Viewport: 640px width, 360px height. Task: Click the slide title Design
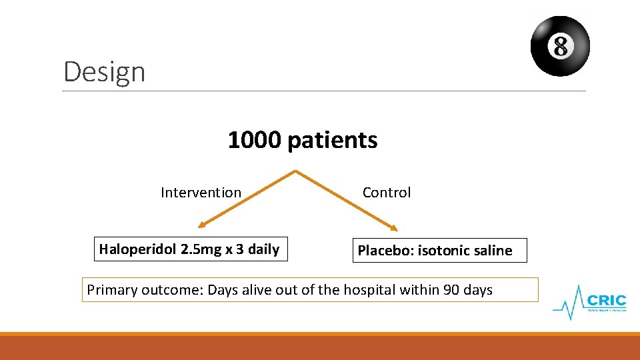click(104, 71)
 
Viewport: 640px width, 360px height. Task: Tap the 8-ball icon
click(560, 46)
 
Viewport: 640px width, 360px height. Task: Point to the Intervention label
click(201, 193)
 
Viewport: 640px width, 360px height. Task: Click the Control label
click(386, 193)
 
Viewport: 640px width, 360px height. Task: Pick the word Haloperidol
click(135, 250)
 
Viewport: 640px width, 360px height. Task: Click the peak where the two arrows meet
click(295, 172)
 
